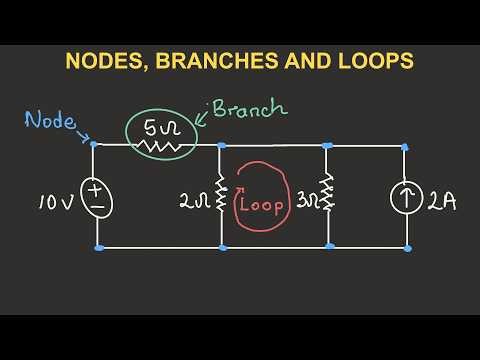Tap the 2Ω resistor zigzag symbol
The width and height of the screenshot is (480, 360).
(x=221, y=196)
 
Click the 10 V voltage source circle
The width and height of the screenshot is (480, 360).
(x=98, y=196)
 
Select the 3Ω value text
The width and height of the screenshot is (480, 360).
(x=306, y=200)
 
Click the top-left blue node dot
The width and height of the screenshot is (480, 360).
(x=94, y=144)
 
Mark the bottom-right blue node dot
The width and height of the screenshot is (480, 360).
(x=406, y=247)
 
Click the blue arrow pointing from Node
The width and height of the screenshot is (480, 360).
(x=83, y=136)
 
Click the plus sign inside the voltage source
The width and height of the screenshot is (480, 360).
(x=98, y=187)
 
